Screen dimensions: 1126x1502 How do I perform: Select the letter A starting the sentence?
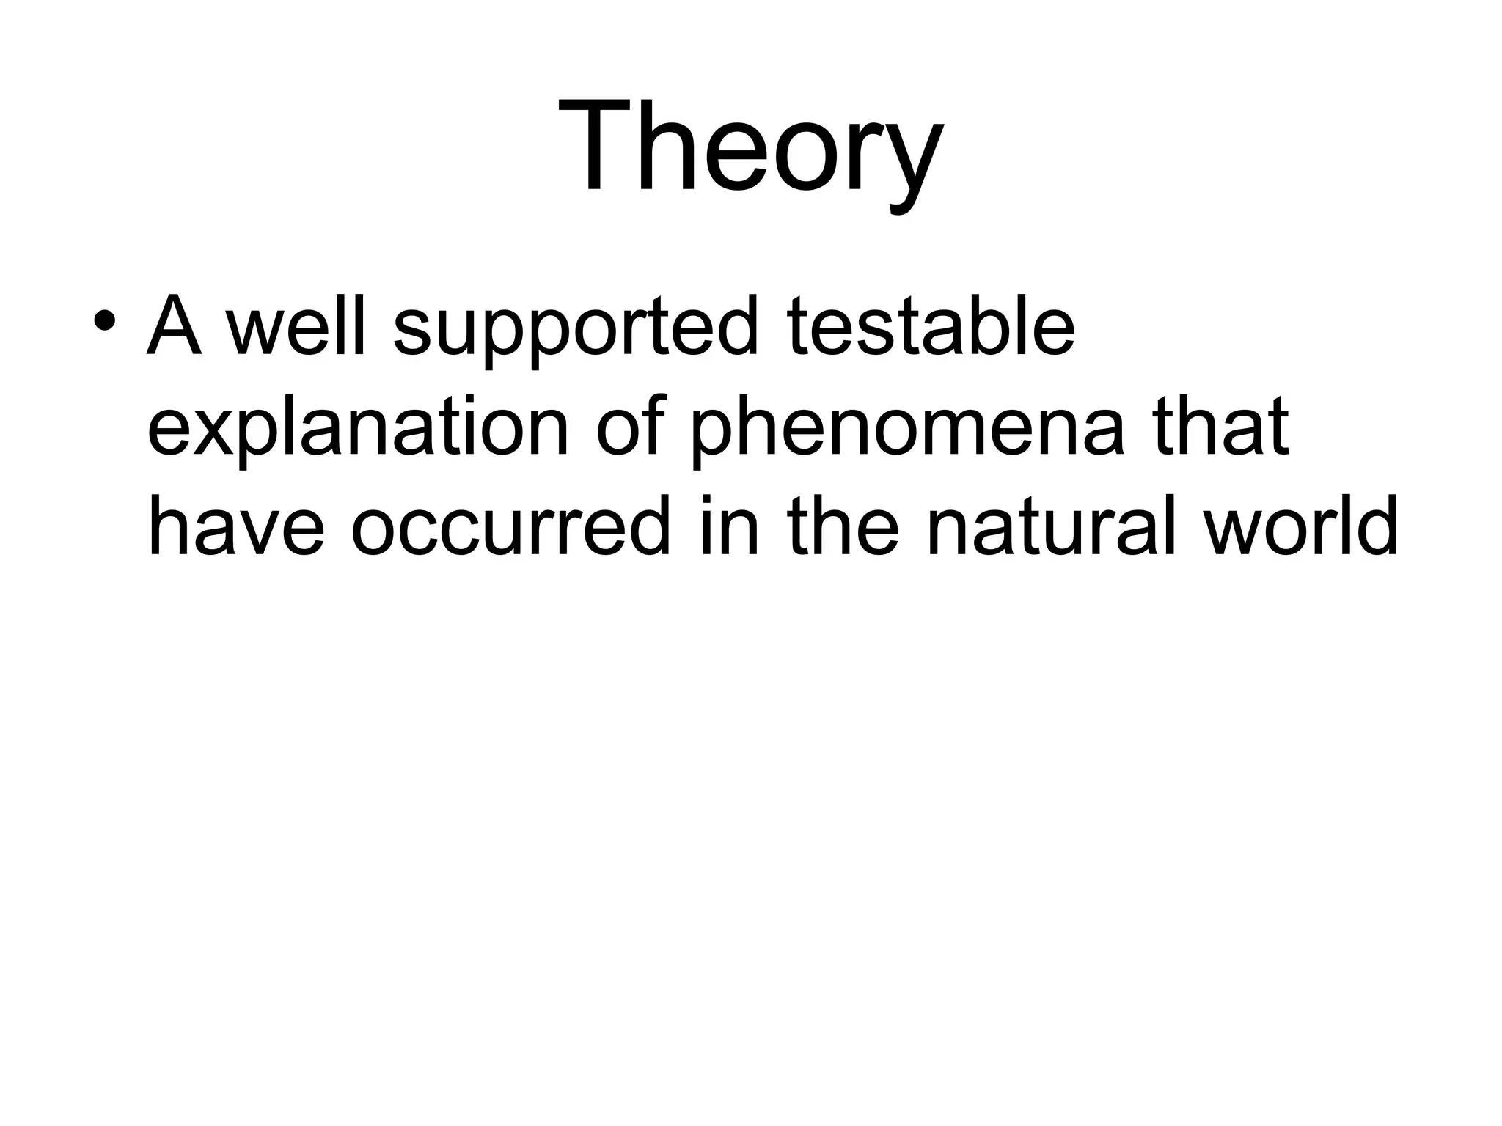pyautogui.click(x=175, y=324)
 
